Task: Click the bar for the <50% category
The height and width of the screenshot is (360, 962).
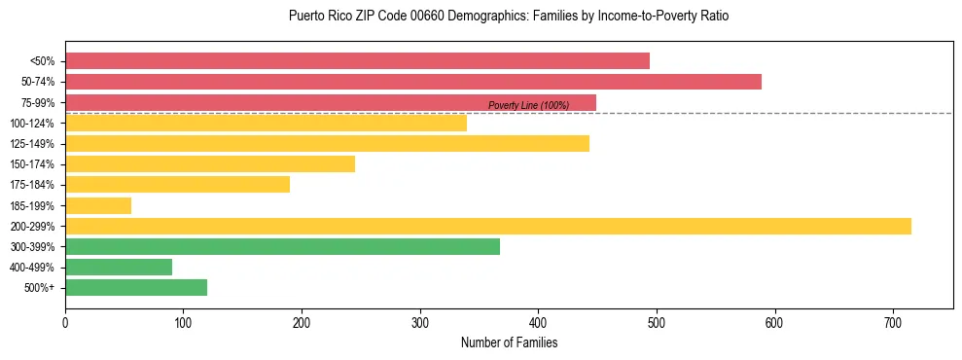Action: click(357, 61)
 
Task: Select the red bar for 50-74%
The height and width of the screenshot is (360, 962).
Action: click(413, 82)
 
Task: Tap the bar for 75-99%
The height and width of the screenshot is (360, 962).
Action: click(331, 102)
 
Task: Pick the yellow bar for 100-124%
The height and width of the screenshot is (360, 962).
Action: click(266, 124)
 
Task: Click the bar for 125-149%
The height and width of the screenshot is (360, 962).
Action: click(327, 144)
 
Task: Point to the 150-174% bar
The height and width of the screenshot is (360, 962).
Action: click(210, 164)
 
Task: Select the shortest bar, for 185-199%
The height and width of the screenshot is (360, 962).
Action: click(98, 205)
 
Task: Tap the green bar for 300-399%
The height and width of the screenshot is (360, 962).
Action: click(282, 247)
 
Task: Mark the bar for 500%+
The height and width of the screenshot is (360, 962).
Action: click(136, 288)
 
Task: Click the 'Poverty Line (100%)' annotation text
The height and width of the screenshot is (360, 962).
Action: click(528, 105)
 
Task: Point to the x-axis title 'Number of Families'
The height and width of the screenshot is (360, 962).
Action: click(509, 342)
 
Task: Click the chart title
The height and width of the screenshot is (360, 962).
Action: click(509, 17)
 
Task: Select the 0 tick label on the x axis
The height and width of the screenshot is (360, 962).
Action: click(65, 322)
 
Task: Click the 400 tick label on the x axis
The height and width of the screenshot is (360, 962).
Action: click(538, 322)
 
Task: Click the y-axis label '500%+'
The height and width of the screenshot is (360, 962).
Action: click(40, 288)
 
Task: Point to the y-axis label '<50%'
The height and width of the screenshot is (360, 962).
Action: click(43, 61)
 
